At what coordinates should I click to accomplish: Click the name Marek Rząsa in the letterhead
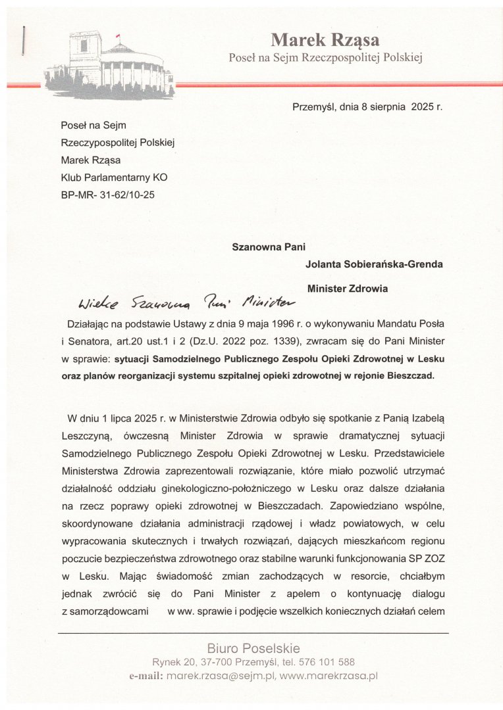pyautogui.click(x=325, y=40)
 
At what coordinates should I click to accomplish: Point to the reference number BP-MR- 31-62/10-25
pyautogui.click(x=107, y=195)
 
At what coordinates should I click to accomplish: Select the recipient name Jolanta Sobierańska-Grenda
pyautogui.click(x=374, y=264)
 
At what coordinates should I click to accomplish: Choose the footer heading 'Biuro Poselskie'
pyautogui.click(x=253, y=648)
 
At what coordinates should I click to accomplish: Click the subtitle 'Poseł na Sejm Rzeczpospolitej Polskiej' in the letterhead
pyautogui.click(x=325, y=57)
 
